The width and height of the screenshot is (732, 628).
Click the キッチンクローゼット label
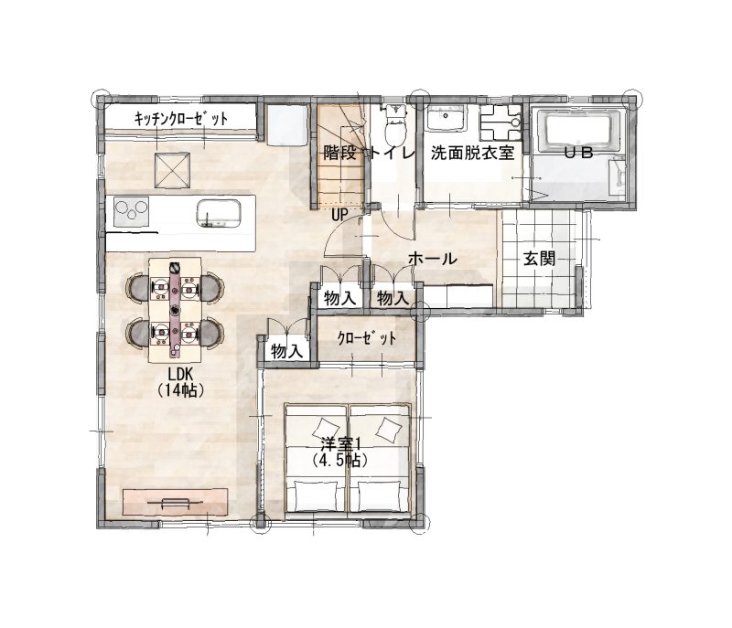(181, 119)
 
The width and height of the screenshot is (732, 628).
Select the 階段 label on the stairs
(339, 153)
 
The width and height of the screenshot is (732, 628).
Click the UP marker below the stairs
(339, 215)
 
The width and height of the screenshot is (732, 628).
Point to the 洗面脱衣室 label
(472, 153)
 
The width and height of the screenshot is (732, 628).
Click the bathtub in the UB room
(579, 131)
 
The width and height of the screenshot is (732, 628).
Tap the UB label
(579, 153)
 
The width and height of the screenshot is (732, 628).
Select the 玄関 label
(539, 259)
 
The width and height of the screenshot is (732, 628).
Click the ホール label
(432, 259)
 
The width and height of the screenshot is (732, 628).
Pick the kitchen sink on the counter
(219, 213)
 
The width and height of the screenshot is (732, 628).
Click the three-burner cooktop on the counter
(131, 212)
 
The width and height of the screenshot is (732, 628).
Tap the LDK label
(180, 375)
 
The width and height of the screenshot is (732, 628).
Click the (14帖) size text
(180, 389)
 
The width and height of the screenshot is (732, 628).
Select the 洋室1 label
(339, 443)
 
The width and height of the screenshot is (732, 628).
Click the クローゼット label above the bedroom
(367, 338)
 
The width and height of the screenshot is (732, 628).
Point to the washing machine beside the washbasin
(500, 122)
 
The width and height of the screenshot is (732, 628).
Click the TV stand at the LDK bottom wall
(175, 502)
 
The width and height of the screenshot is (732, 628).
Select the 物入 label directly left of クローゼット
(287, 351)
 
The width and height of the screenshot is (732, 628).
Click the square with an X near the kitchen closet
(173, 170)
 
